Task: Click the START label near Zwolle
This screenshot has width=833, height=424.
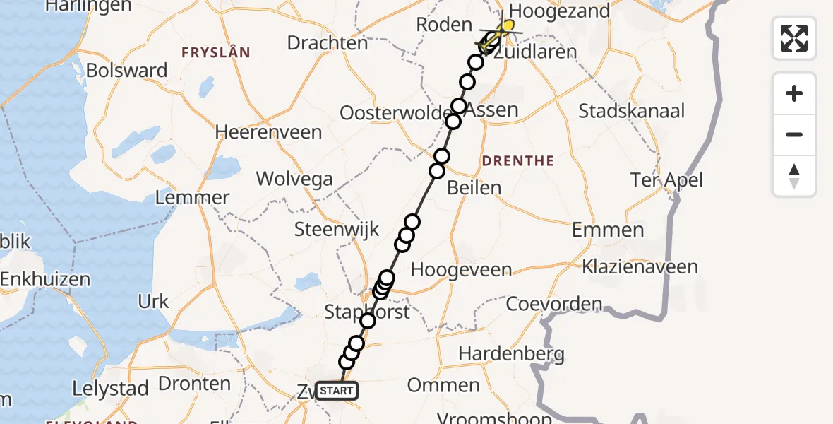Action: (x=337, y=390)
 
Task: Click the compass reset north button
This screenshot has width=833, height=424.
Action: (x=794, y=176)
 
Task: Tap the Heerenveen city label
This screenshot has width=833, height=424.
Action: (x=268, y=132)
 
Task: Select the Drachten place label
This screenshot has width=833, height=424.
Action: (x=328, y=43)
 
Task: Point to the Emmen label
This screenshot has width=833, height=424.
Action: (x=608, y=230)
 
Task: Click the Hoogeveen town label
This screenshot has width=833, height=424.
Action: (x=460, y=270)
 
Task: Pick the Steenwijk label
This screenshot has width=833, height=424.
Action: (x=337, y=229)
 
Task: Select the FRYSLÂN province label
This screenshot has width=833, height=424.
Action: (x=216, y=52)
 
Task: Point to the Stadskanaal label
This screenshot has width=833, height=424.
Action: (x=632, y=111)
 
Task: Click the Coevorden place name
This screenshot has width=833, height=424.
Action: (x=554, y=305)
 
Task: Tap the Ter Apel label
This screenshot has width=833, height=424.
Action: (x=667, y=180)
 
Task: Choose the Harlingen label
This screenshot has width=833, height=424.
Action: (x=88, y=6)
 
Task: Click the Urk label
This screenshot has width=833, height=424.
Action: (x=153, y=302)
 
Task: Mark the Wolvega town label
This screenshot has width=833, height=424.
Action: (x=294, y=178)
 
